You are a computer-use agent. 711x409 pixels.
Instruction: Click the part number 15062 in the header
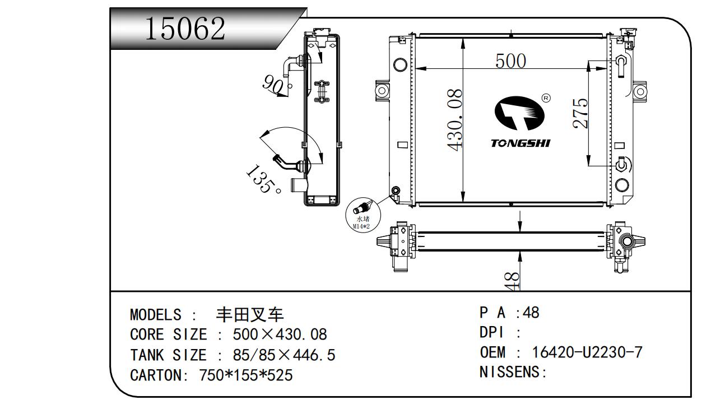coord(185,28)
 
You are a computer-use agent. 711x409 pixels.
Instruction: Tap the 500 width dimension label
coord(510,61)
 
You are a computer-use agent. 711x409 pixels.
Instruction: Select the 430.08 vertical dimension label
coord(454,120)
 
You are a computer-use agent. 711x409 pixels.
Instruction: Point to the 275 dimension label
coord(580,113)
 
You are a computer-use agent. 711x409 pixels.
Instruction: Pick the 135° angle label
coord(263,179)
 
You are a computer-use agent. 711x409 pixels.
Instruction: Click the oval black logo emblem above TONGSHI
coord(519,113)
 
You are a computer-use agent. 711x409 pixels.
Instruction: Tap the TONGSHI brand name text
coord(521,143)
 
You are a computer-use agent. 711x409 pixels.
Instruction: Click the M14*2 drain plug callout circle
coord(363,215)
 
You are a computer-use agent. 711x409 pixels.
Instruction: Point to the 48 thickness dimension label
coord(512,281)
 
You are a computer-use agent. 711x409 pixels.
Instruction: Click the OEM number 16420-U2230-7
coord(587,352)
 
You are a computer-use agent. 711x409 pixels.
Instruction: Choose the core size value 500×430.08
coord(280,334)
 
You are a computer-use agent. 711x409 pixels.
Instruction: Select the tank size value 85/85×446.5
coord(284,355)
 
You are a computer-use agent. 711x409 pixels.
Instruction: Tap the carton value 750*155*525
coord(245,375)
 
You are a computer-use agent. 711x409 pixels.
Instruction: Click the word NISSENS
coord(510,372)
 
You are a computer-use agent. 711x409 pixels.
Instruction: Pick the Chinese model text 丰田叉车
coord(250,315)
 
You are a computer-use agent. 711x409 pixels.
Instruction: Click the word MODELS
coord(156,315)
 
